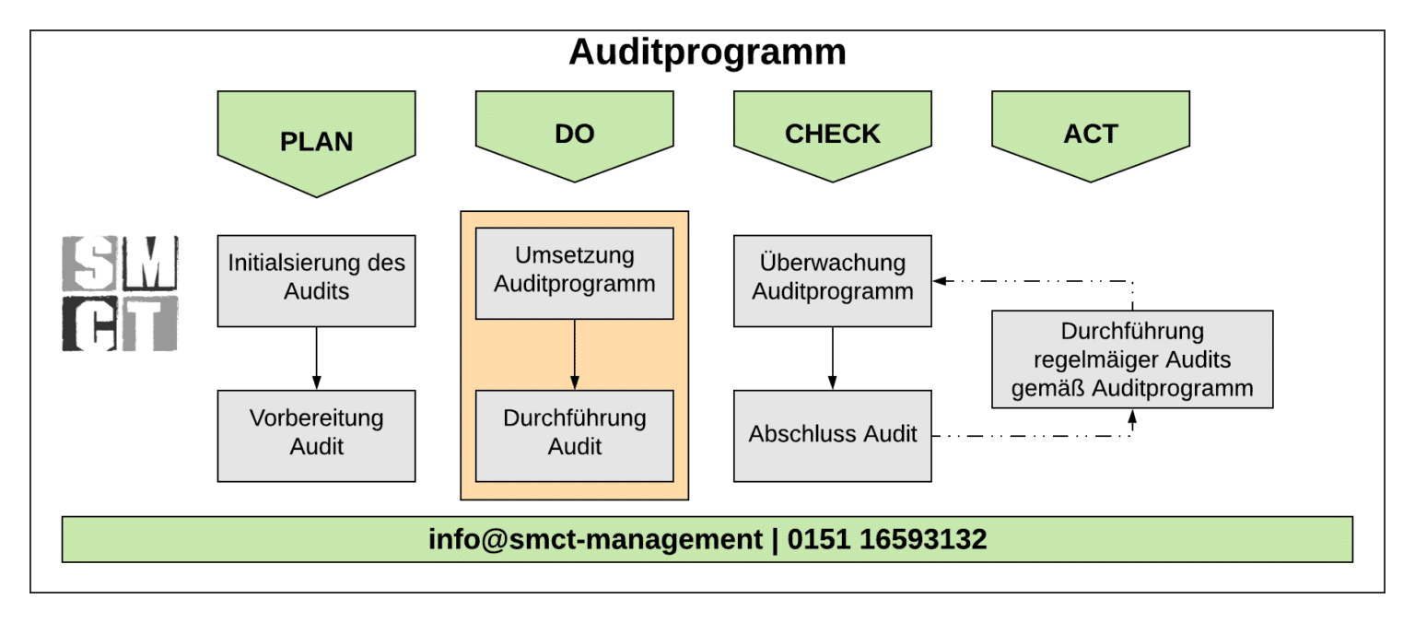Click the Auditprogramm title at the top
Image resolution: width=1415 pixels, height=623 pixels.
coord(707,53)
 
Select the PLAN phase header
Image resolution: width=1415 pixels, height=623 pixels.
coord(316,140)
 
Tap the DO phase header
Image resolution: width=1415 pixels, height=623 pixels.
coord(574,135)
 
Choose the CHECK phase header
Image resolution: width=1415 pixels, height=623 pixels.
coord(832,135)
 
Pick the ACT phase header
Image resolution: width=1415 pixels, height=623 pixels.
coord(1090,135)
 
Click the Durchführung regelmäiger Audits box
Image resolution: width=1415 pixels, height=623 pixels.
coord(1132,359)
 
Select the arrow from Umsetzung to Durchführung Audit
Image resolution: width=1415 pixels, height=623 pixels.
coord(574,355)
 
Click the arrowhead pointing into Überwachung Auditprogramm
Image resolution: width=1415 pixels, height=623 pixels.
coord(939,280)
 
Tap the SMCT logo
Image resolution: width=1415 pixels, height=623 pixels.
coord(120,293)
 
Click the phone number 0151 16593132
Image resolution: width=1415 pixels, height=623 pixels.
coord(886,539)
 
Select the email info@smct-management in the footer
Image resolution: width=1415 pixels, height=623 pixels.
coord(595,539)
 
